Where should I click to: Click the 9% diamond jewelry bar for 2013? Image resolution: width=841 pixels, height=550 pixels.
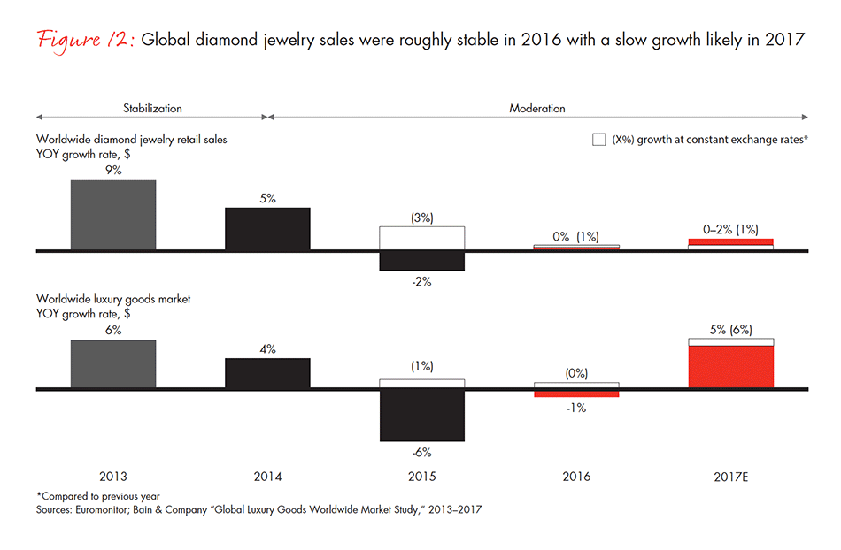point(113,215)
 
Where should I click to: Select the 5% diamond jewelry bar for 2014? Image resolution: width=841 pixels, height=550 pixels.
point(267,229)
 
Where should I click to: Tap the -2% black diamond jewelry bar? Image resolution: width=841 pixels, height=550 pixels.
point(421,261)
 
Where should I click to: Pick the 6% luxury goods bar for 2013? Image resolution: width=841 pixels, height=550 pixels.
point(113,363)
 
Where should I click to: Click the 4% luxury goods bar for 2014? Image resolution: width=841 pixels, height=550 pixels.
point(267,372)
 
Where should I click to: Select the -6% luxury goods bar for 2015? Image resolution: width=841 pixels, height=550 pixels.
point(421,415)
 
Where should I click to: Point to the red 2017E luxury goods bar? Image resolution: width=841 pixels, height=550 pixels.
point(730,366)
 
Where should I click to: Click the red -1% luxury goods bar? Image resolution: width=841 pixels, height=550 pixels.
point(576,393)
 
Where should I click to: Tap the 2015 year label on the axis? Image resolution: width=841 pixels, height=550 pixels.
point(421,477)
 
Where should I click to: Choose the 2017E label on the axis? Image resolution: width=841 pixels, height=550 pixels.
point(730,477)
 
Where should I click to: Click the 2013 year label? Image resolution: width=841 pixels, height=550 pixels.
point(113,477)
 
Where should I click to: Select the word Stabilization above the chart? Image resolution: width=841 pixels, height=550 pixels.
point(152,109)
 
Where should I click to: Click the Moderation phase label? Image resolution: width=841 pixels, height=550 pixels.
point(537,109)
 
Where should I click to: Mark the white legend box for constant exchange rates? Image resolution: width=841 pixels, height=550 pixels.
point(599,139)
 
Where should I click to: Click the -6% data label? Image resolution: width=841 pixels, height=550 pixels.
point(421,453)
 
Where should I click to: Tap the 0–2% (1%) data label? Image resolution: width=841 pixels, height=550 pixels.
point(731,229)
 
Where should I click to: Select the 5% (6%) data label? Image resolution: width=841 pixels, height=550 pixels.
point(730,329)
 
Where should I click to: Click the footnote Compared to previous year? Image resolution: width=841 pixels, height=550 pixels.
point(86,496)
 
